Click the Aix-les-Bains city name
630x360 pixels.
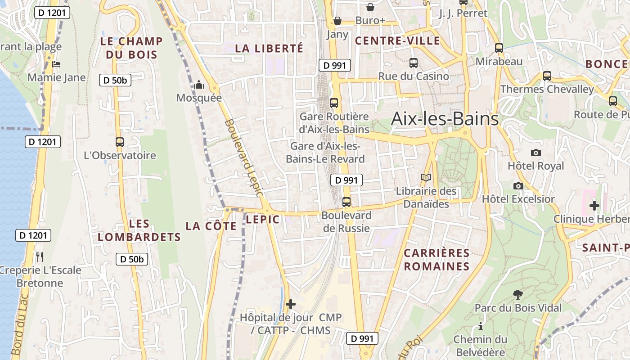(x=445, y=119)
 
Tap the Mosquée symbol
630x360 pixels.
(x=199, y=85)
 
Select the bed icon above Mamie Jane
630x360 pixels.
(x=56, y=64)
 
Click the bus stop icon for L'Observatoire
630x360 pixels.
(x=120, y=142)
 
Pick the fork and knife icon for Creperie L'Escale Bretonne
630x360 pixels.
(x=40, y=257)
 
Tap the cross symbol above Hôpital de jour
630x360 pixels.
(x=291, y=304)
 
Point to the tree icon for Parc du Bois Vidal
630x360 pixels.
(x=518, y=295)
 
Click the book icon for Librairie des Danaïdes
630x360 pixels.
(x=426, y=178)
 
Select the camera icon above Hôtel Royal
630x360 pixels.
(x=535, y=153)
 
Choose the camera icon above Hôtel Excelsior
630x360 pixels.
(x=518, y=186)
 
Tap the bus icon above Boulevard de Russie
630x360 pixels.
(x=346, y=202)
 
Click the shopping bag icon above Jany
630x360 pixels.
(x=337, y=21)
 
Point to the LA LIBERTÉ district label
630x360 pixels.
(x=269, y=48)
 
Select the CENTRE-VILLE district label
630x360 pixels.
(x=397, y=41)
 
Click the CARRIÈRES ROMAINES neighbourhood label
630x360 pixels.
(x=436, y=260)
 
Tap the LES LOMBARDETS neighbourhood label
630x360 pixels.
(x=139, y=230)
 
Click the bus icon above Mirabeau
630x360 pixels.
(x=499, y=48)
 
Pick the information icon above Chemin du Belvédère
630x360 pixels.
(x=481, y=326)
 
